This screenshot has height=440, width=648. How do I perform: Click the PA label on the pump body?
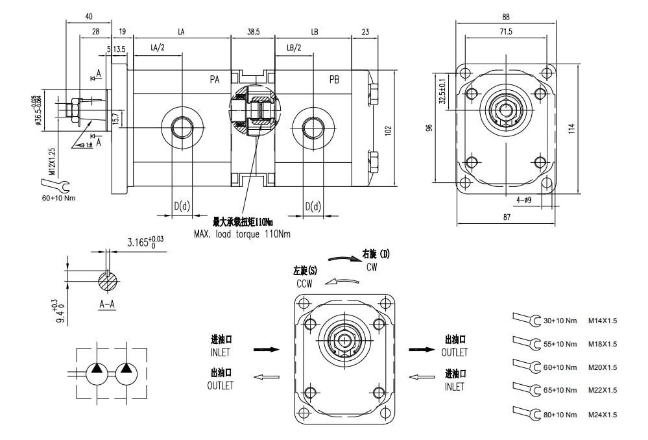pyautogui.click(x=215, y=80)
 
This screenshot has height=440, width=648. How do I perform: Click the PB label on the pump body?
pyautogui.click(x=334, y=80)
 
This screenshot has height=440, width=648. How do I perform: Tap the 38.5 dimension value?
pyautogui.click(x=253, y=31)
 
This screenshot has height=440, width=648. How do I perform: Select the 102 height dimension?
pyautogui.click(x=388, y=130)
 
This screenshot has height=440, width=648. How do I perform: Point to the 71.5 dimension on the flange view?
pyautogui.click(x=505, y=32)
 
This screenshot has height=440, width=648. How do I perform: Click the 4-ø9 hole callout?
pyautogui.click(x=523, y=200)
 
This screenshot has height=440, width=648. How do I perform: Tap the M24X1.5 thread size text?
pyautogui.click(x=603, y=415)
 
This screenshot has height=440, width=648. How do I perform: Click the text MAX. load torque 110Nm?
pyautogui.click(x=241, y=233)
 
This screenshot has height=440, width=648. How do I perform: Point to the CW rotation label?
pyautogui.click(x=371, y=267)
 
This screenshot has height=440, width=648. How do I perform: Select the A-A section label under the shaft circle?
pyautogui.click(x=108, y=303)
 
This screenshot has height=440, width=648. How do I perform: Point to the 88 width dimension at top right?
pyautogui.click(x=505, y=17)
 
